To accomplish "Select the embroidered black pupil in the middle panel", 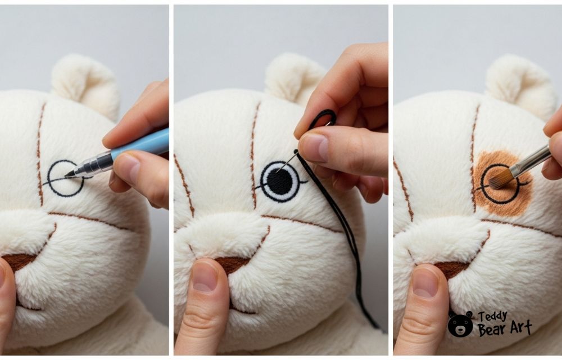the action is coord(280,182).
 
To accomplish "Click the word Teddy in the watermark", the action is coord(493,316).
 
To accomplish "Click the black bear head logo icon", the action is coord(460,324).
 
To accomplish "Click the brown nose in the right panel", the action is coord(452,268).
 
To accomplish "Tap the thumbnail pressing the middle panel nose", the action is coord(205,277).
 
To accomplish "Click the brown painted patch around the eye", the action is coord(502,183).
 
